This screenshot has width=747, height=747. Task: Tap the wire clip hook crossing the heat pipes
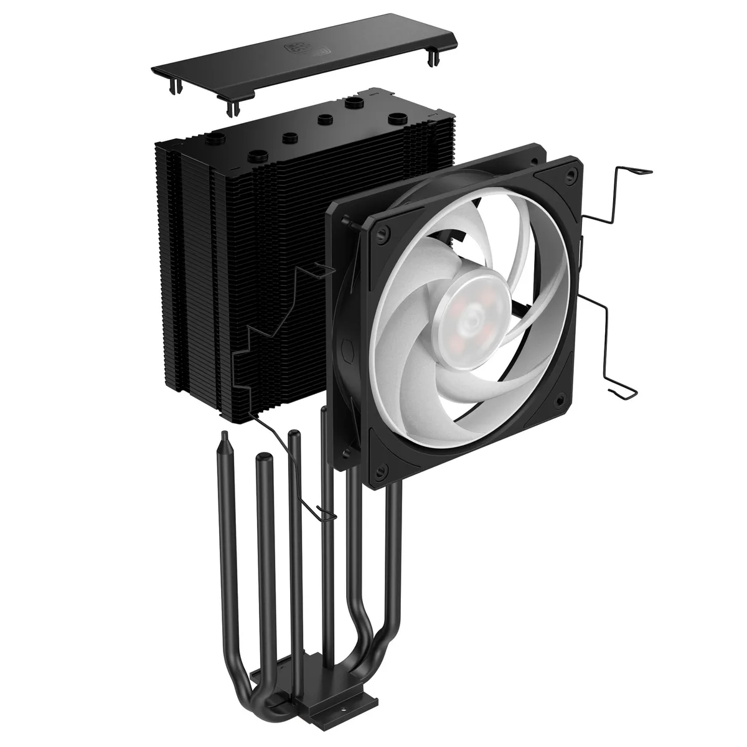324,512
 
